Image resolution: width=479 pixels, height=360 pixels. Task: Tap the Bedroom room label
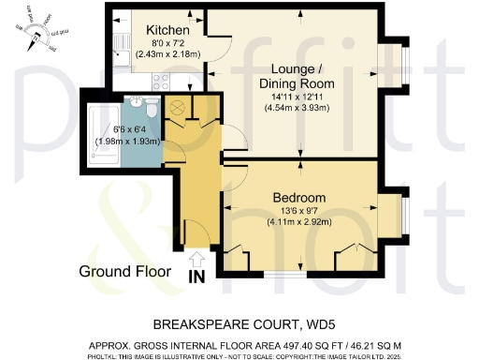pyautogui.click(x=298, y=198)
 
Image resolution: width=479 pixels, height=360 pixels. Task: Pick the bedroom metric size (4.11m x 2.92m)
pyautogui.click(x=298, y=223)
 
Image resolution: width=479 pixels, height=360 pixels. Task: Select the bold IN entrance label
pyautogui.click(x=196, y=277)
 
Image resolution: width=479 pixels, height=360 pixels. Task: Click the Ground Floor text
pyautogui.click(x=124, y=272)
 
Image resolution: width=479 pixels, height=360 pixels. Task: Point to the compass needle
pyautogui.click(x=36, y=38)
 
